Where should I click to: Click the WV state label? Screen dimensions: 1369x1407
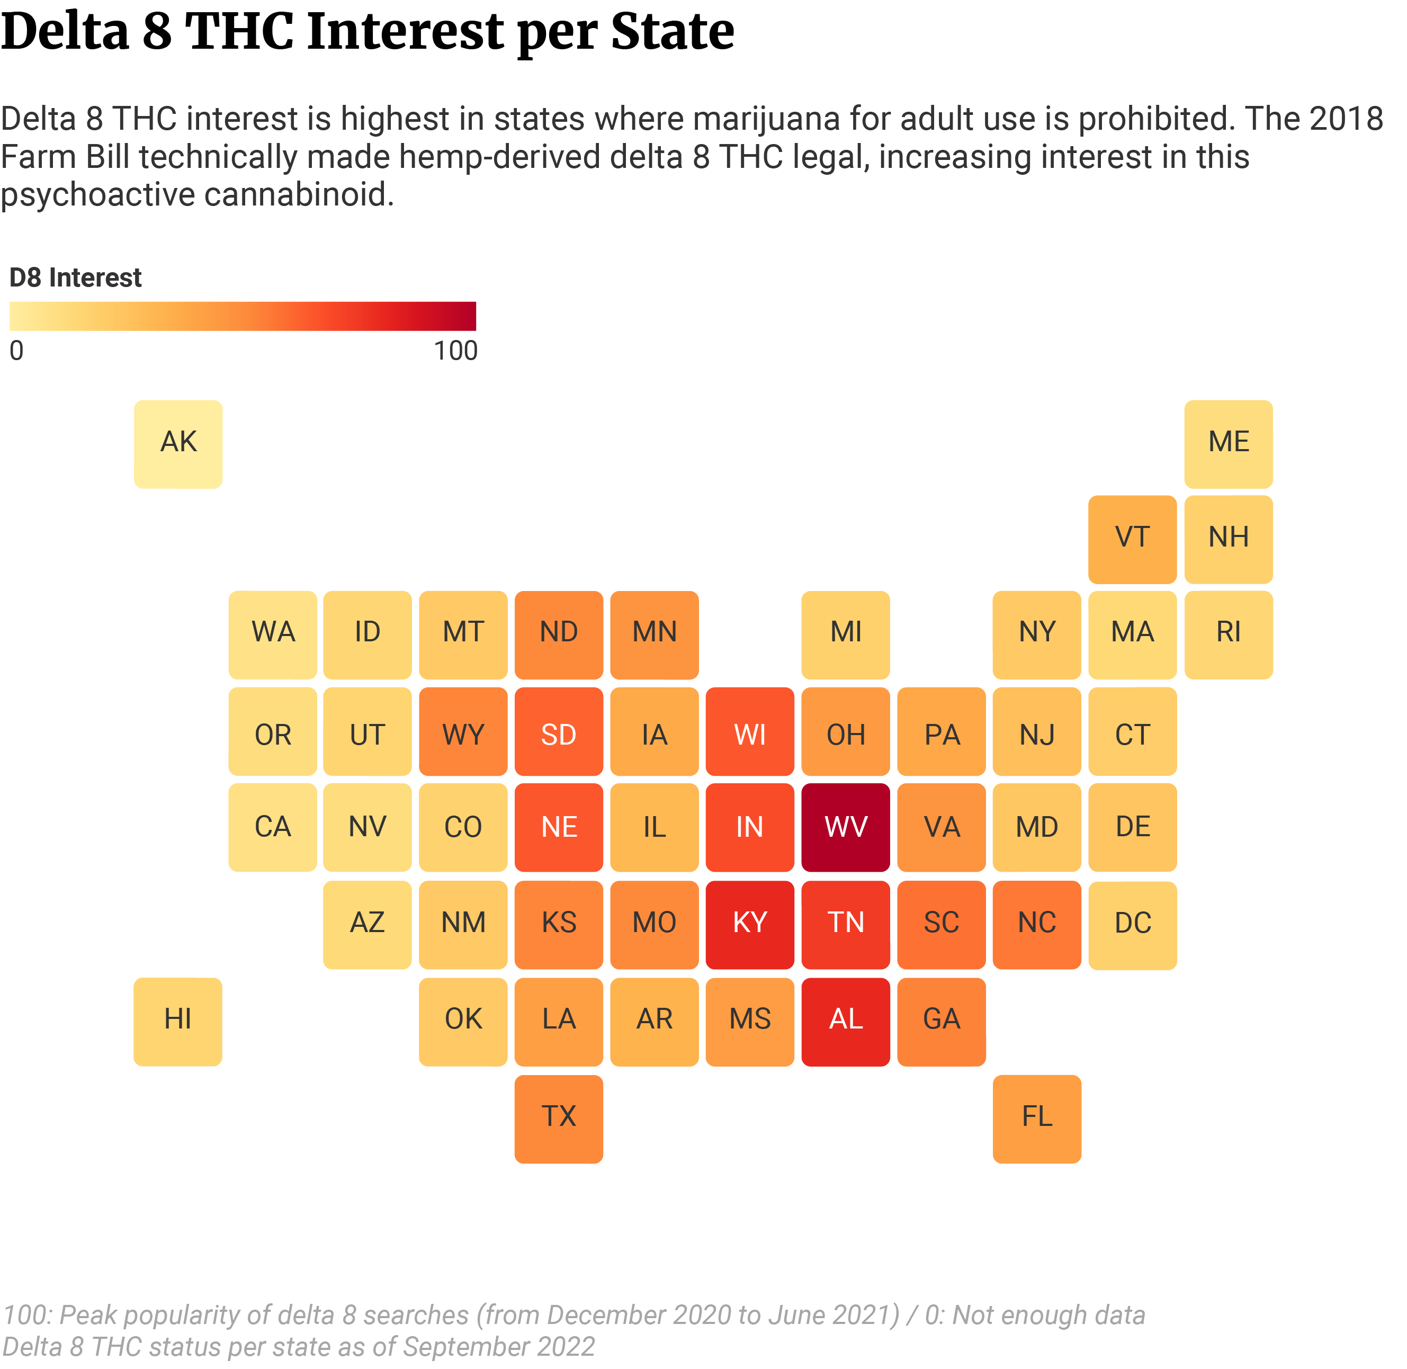click(x=846, y=827)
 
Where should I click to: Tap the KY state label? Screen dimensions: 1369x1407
click(x=750, y=923)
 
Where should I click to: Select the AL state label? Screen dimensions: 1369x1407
click(x=846, y=1019)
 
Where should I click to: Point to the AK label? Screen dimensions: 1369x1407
click(x=178, y=442)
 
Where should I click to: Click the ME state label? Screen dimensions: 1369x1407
click(x=1229, y=442)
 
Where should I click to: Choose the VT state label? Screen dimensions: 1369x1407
click(x=1132, y=537)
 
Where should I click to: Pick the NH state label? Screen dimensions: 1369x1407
click(x=1229, y=537)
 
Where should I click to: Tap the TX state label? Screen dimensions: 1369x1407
click(x=559, y=1116)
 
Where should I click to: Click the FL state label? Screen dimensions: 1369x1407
click(x=1037, y=1116)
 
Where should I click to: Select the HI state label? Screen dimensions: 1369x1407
click(x=177, y=1019)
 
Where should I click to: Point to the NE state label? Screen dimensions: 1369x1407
click(x=559, y=827)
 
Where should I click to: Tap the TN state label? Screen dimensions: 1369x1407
click(x=846, y=923)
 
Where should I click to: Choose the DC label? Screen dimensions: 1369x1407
click(x=1132, y=923)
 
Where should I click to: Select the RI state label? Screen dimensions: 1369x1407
click(x=1229, y=632)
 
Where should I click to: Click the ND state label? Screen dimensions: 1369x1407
click(x=559, y=632)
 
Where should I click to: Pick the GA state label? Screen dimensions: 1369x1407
click(x=941, y=1019)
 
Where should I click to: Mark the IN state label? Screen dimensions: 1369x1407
click(x=750, y=827)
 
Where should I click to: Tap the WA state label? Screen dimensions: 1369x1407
click(x=273, y=632)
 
